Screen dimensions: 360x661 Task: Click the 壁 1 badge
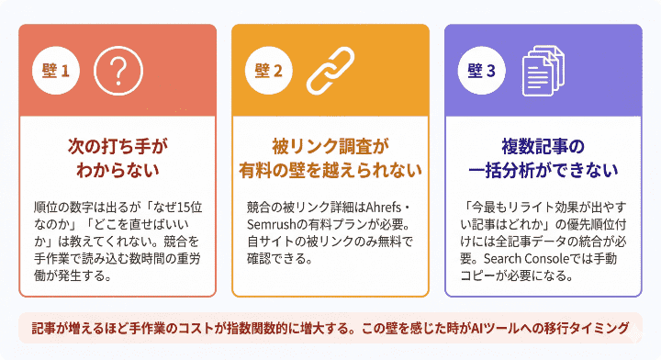point(56,70)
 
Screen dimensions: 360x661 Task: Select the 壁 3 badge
point(481,70)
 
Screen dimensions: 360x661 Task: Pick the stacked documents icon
point(542,70)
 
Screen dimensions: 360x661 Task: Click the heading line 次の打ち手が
point(119,146)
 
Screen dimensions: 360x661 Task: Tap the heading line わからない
point(119,170)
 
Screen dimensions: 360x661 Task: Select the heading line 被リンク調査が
point(330,146)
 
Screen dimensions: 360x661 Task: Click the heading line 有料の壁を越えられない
point(330,170)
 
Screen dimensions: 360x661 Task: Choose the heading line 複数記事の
point(543,146)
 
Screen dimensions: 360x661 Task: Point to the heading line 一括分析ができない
point(543,170)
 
